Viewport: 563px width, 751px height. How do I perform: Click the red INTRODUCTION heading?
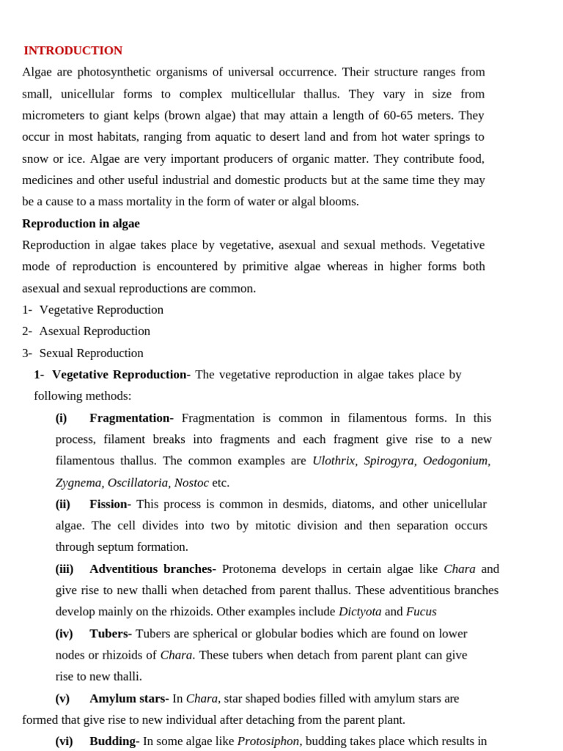[x=73, y=51]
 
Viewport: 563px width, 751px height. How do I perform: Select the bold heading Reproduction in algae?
[x=81, y=224]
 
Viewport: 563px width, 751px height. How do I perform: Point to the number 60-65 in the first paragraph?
[x=402, y=115]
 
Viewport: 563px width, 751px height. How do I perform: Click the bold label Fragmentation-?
[x=131, y=418]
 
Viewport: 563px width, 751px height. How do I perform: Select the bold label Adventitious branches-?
[x=152, y=568]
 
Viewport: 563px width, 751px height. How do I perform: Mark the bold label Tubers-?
[x=110, y=634]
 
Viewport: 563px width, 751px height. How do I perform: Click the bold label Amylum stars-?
[x=129, y=698]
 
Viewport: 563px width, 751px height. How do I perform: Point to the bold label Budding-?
[x=114, y=741]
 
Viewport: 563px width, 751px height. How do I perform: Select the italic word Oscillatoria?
[x=137, y=483]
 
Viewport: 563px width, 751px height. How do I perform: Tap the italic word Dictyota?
[x=359, y=612]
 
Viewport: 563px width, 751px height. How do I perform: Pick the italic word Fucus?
[x=421, y=612]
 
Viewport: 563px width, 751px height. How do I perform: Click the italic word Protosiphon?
[x=268, y=741]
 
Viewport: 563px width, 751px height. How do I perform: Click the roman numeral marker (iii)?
[x=65, y=568]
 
